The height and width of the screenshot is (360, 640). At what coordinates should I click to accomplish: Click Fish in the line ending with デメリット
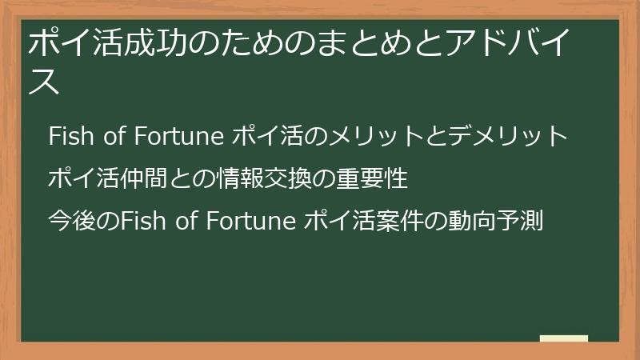click(x=67, y=137)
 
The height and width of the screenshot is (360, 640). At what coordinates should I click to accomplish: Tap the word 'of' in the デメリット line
click(x=110, y=137)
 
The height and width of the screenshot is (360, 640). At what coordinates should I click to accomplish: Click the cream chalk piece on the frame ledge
click(x=563, y=338)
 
